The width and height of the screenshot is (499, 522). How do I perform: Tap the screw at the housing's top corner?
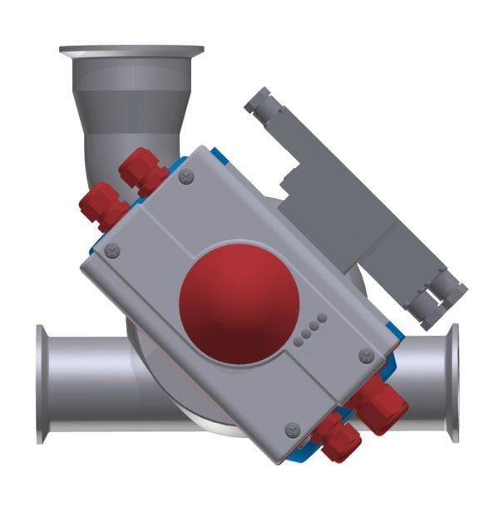pyautogui.click(x=186, y=175)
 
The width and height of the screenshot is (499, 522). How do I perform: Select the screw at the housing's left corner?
pyautogui.click(x=113, y=250)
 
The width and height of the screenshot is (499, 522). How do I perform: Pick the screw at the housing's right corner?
pyautogui.click(x=366, y=356)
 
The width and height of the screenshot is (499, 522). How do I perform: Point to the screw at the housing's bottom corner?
pyautogui.click(x=292, y=429)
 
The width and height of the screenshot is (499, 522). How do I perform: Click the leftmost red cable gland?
pyautogui.click(x=99, y=205)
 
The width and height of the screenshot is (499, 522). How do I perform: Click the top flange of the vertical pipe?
pyautogui.click(x=131, y=52)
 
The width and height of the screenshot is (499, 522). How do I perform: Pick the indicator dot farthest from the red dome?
pyautogui.click(x=322, y=318)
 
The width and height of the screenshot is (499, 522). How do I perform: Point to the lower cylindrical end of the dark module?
pyautogui.click(x=442, y=300)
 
